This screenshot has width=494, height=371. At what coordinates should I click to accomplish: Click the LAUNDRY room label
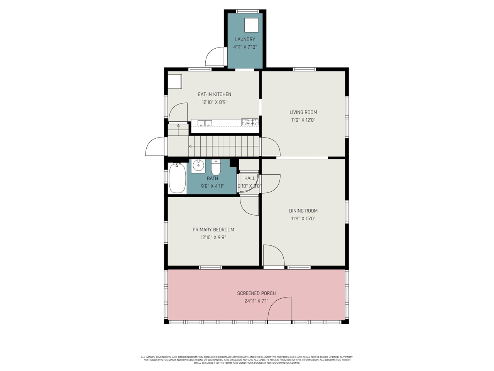[245, 39]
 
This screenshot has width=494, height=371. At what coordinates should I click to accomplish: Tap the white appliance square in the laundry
[252, 25]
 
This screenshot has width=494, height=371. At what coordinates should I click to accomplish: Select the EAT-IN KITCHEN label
[215, 94]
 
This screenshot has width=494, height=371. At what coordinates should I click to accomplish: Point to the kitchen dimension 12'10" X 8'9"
[215, 102]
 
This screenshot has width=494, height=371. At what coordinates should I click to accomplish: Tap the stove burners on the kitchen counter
[250, 122]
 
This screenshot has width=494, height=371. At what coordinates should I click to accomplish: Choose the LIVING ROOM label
[303, 112]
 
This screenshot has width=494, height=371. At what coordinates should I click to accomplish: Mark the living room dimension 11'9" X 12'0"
[303, 120]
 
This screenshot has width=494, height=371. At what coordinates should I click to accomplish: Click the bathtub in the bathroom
[177, 178]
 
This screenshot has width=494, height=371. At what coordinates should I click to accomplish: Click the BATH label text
[212, 178]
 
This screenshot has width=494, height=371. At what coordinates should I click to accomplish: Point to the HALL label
[250, 178]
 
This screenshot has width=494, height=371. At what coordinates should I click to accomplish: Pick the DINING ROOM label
[303, 211]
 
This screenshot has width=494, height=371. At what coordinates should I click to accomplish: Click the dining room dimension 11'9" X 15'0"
[303, 219]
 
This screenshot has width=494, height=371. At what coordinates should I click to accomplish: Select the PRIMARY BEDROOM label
[213, 230]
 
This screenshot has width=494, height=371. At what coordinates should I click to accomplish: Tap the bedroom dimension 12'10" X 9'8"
[213, 238]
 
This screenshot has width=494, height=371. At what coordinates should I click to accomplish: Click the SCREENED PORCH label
[256, 293]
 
